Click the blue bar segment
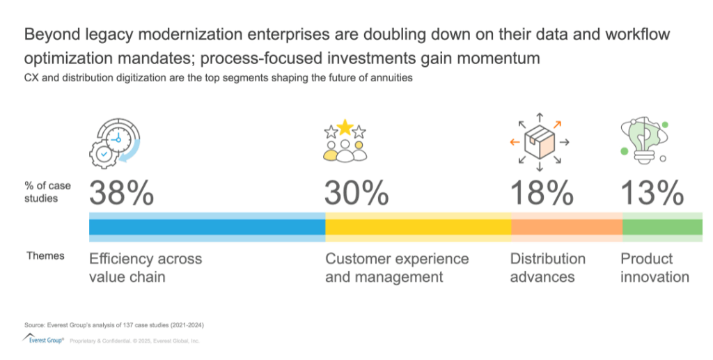pyautogui.click(x=207, y=227)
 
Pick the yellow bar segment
pyautogui.click(x=418, y=227)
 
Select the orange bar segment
pyautogui.click(x=566, y=227)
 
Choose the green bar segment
pyautogui.click(x=662, y=227)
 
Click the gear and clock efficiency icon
pyautogui.click(x=114, y=142)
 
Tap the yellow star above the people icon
pyautogui.click(x=345, y=127)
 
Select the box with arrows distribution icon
pyautogui.click(x=540, y=141)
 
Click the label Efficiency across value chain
pyautogui.click(x=146, y=267)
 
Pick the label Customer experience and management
pyautogui.click(x=397, y=267)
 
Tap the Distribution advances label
pyautogui.click(x=547, y=267)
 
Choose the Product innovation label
pyautogui.click(x=655, y=267)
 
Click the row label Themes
pyautogui.click(x=45, y=256)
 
